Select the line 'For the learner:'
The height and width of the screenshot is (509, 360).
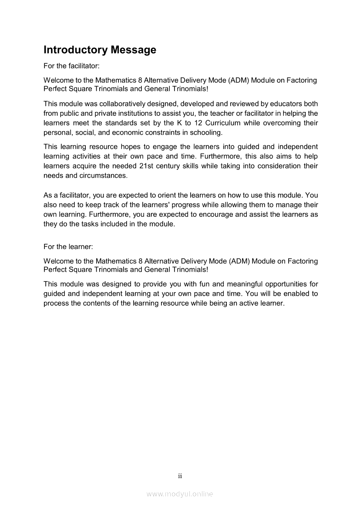tap(68, 247)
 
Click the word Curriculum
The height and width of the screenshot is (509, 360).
tap(226, 123)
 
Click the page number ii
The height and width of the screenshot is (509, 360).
tap(180, 476)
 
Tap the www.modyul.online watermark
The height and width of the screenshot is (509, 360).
tap(180, 494)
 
